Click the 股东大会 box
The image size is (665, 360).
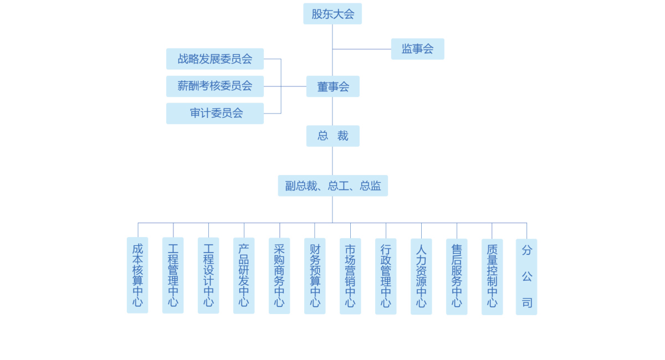332,14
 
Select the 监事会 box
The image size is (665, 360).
417,49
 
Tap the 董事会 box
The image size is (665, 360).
332,86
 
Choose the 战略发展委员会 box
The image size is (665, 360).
214,59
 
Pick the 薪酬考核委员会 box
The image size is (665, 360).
214,86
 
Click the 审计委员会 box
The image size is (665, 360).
214,113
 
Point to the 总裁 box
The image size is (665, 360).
332,136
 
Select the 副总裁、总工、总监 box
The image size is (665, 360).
332,186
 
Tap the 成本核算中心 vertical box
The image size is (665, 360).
137,275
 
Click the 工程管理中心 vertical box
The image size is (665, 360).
173,275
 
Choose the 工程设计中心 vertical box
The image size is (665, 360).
208,275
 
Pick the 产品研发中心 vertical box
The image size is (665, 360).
244,275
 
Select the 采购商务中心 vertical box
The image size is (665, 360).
279,276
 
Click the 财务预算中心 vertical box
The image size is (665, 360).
315,276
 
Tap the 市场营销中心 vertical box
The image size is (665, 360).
350,276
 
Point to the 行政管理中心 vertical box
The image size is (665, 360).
386,276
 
